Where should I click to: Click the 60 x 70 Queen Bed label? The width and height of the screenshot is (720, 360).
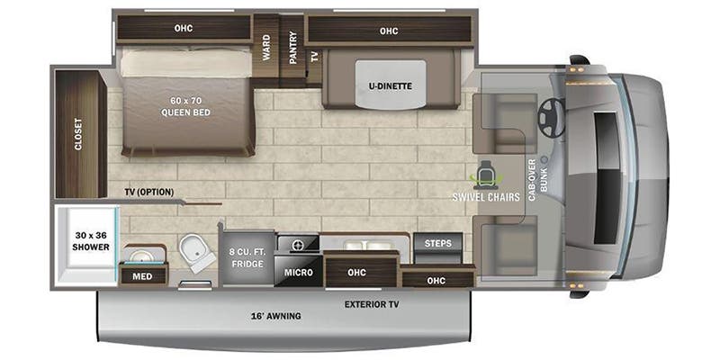[x=186, y=106]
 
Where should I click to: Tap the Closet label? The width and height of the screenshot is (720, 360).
[x=78, y=133]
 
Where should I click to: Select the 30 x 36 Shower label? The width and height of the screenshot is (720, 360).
[x=91, y=240]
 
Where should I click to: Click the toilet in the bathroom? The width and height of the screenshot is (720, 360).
[x=196, y=252]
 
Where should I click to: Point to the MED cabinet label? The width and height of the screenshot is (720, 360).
[x=142, y=276]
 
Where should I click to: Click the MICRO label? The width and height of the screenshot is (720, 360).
[x=298, y=271]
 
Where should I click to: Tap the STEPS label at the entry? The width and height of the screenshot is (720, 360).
[x=438, y=242]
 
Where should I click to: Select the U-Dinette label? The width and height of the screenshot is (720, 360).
[x=389, y=86]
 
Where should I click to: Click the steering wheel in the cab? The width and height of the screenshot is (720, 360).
[x=550, y=115]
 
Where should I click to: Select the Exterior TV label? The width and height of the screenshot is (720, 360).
[x=371, y=304]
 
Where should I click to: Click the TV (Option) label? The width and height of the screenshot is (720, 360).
[x=148, y=192]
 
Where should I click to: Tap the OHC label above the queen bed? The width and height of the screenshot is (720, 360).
[x=184, y=28]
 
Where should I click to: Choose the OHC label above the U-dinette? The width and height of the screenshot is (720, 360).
[x=388, y=31]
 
